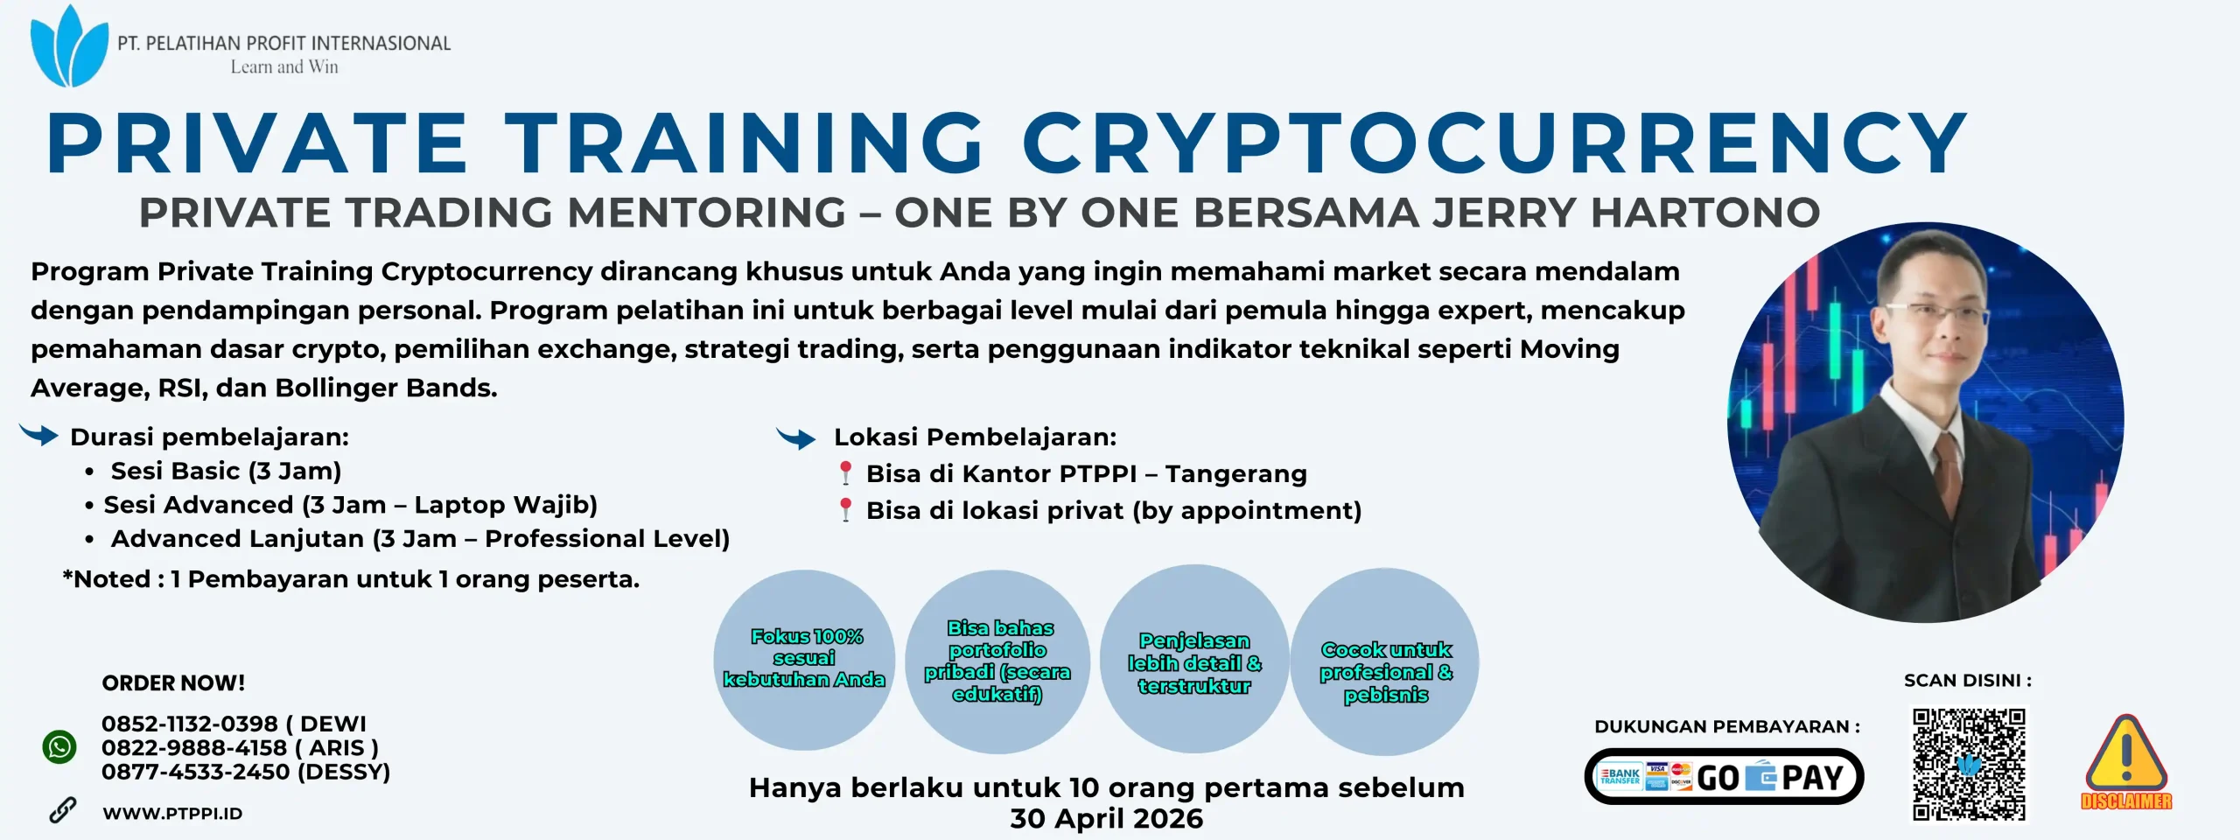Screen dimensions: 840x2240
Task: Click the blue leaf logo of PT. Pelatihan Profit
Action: (68, 47)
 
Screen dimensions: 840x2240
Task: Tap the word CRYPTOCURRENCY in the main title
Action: (1494, 143)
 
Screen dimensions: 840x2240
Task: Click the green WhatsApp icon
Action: (59, 747)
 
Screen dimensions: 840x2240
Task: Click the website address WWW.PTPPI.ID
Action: (172, 814)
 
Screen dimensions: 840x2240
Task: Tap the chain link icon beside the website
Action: (62, 810)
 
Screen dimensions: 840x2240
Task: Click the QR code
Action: (1968, 764)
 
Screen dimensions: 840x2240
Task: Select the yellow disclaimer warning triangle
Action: (2126, 755)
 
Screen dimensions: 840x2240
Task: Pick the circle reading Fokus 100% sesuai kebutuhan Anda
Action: (804, 659)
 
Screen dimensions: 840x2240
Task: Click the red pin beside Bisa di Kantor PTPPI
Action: (845, 472)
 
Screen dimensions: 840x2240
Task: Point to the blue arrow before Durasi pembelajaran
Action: (38, 434)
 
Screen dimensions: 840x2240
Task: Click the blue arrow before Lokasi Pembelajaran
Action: (796, 437)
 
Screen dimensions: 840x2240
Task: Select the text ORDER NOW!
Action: (173, 683)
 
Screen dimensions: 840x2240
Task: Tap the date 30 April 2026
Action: (1106, 819)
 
